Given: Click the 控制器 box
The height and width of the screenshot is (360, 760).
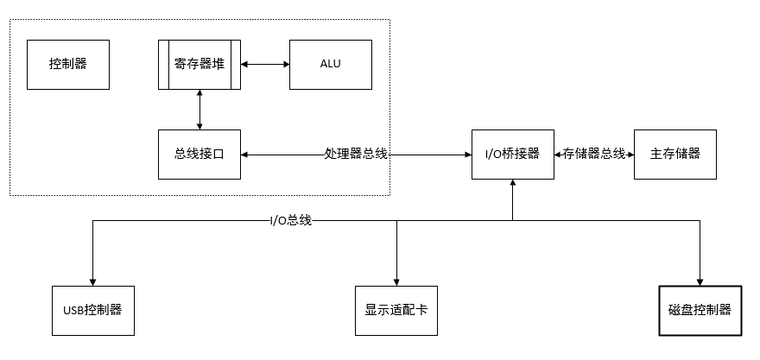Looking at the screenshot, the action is point(68,65).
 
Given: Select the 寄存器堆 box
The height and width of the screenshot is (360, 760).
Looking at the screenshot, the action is point(199,65).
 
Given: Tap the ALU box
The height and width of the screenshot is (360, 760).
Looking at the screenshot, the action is point(331,65).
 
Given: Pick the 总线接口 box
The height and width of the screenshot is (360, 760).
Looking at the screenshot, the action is point(199,155).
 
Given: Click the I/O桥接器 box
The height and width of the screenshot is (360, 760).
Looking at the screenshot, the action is point(513,155).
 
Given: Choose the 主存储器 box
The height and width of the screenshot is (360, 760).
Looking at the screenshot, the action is point(675,155).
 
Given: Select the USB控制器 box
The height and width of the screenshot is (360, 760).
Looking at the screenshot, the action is point(93,311).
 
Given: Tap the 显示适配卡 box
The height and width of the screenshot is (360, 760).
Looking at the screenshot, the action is point(396,311).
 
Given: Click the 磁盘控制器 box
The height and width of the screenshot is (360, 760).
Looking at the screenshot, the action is point(700,311).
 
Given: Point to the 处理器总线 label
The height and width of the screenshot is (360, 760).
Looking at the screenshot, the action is point(356,155).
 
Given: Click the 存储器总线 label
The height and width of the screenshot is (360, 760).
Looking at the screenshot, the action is point(594,155).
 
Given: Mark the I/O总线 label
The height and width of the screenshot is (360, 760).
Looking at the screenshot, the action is point(291,221).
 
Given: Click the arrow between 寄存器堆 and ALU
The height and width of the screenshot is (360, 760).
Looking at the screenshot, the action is point(265,64).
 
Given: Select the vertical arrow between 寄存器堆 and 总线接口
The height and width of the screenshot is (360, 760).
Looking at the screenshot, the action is point(199,110).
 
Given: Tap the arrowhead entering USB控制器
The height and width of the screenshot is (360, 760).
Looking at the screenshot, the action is point(93,282).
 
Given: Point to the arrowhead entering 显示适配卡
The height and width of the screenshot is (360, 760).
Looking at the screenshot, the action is point(396,282).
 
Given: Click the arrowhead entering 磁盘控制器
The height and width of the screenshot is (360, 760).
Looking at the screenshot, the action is point(700,282).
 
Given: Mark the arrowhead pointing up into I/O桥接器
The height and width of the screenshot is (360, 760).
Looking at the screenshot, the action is point(513,183).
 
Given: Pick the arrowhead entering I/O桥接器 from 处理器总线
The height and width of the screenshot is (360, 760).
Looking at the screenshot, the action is point(468,155).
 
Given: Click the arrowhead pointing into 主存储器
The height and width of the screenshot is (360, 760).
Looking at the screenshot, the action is point(630,155).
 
